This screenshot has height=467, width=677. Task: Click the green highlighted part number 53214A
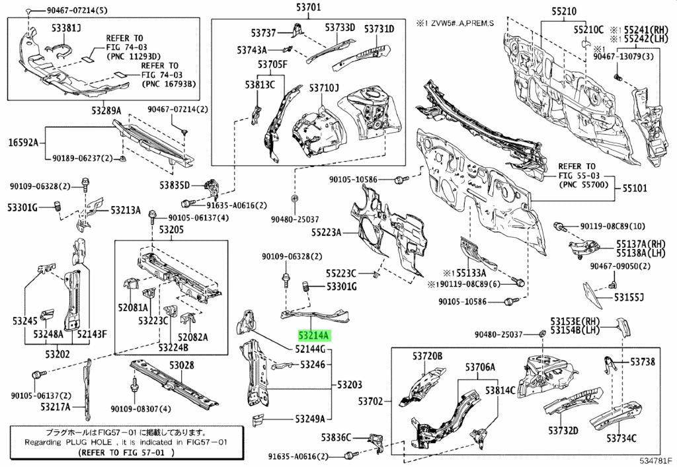[314, 335]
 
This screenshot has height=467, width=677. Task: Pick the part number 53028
[180, 365]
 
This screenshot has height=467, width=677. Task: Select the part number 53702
[371, 401]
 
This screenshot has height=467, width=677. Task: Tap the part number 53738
[642, 362]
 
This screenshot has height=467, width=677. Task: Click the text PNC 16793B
[169, 84]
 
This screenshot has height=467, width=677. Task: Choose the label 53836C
[338, 437]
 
